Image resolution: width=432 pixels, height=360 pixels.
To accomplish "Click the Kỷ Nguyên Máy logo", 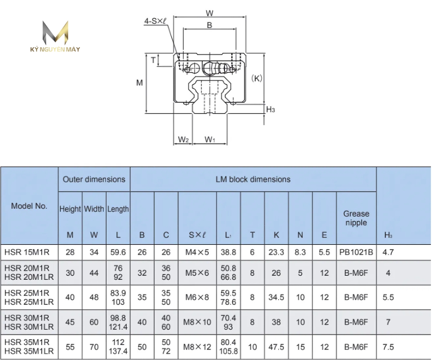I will tap(55, 36).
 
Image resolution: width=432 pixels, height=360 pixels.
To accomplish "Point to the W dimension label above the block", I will tap(210, 13).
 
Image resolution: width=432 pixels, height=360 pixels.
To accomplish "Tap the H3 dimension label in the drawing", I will tap(270, 109).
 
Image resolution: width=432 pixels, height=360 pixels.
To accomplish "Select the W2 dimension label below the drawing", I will tap(184, 139).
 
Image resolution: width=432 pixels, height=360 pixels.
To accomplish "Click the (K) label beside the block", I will tap(257, 78).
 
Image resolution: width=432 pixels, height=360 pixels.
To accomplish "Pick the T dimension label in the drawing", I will tap(153, 60).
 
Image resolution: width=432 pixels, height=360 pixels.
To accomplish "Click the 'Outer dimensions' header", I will tap(94, 179).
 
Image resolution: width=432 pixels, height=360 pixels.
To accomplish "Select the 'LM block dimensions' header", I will tap(253, 179).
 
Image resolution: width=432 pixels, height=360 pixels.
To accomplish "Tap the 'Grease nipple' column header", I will tap(356, 218).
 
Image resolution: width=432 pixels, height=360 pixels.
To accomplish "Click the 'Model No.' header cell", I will tap(29, 206).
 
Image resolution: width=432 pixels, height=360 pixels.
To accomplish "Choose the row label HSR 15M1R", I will tap(27, 252).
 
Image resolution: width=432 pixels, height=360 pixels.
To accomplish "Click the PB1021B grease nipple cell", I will tap(356, 252).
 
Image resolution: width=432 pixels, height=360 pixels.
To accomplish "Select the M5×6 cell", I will tap(197, 273).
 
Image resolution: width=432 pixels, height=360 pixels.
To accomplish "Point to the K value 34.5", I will tap(276, 297).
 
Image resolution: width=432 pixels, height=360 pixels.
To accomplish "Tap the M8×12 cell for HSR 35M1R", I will tap(197, 347).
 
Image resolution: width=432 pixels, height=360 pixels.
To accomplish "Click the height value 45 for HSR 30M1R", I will tap(70, 322).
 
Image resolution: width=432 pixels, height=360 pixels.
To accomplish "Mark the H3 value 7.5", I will tap(388, 347).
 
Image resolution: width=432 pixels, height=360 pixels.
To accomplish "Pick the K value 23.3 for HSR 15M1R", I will tap(276, 252).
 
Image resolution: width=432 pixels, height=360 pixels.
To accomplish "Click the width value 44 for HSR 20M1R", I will tap(94, 273).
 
